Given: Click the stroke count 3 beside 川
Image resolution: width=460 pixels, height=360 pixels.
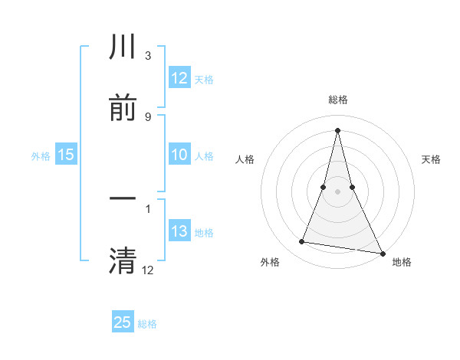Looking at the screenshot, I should pyautogui.click(x=147, y=56).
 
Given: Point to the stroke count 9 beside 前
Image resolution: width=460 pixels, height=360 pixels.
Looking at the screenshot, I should pyautogui.click(x=147, y=116).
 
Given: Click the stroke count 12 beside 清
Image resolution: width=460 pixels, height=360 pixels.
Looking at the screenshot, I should pyautogui.click(x=147, y=269).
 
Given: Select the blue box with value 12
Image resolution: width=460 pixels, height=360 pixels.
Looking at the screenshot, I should pyautogui.click(x=179, y=78).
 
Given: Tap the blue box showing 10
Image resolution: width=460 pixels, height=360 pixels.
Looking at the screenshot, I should pyautogui.click(x=179, y=155).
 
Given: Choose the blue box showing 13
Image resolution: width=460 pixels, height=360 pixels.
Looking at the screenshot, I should pyautogui.click(x=179, y=231).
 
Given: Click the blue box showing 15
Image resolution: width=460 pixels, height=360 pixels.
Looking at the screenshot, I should pyautogui.click(x=65, y=155).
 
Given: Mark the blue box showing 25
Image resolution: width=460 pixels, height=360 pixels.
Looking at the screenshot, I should pyautogui.click(x=123, y=322).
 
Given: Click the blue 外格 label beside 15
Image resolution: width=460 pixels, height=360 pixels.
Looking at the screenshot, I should pyautogui.click(x=41, y=155).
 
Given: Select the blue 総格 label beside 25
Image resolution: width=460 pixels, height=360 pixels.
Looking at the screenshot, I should pyautogui.click(x=147, y=324).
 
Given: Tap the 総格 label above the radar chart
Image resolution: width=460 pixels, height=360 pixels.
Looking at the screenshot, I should pyautogui.click(x=337, y=100).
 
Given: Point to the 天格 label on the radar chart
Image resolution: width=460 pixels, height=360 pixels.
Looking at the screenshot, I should pyautogui.click(x=432, y=159).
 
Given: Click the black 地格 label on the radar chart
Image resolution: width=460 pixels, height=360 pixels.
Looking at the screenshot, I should pyautogui.click(x=402, y=262).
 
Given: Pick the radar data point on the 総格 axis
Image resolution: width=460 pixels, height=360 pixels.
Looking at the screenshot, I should pyautogui.click(x=337, y=129).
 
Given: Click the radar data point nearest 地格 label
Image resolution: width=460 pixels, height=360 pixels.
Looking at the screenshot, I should pyautogui.click(x=382, y=253).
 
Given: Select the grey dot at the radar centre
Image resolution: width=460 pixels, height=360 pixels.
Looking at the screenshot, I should pyautogui.click(x=337, y=191).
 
